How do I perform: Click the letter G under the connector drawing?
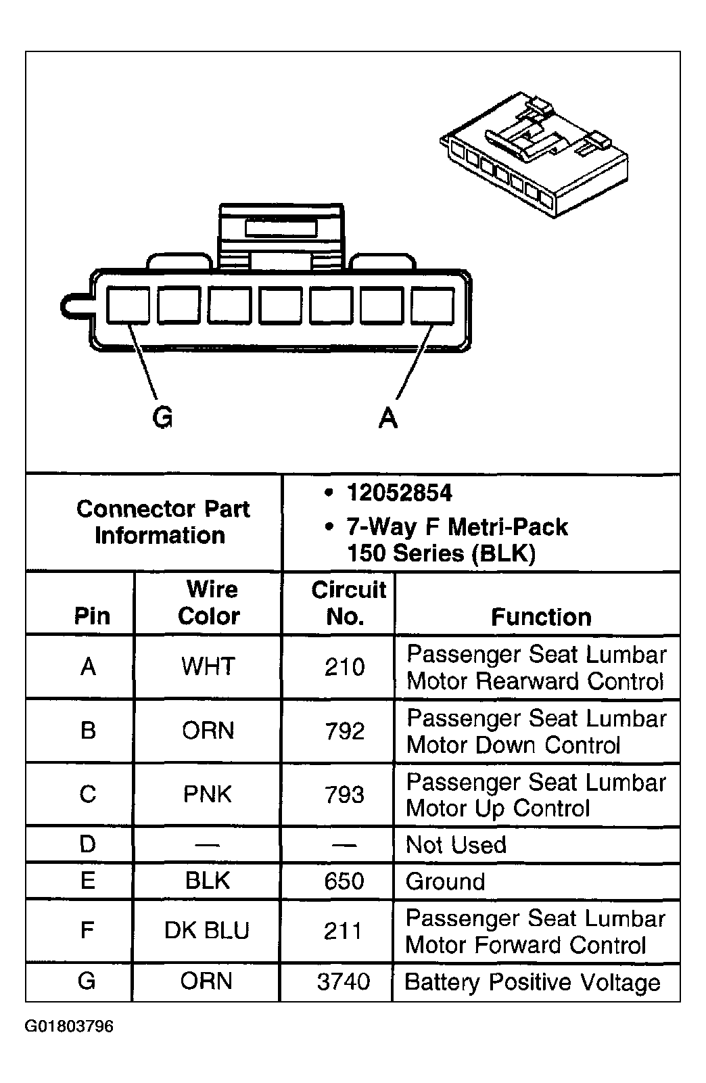click(163, 417)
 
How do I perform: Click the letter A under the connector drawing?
click(388, 417)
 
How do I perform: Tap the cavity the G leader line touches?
click(128, 306)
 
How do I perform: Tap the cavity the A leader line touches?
click(433, 306)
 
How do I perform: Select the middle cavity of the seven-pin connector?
click(281, 306)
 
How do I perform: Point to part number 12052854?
click(399, 493)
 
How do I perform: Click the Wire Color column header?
click(209, 603)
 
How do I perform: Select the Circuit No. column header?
click(347, 603)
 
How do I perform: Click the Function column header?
click(541, 617)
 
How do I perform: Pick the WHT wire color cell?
click(208, 666)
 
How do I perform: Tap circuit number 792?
click(345, 731)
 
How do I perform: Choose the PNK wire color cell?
click(208, 794)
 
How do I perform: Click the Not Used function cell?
click(456, 844)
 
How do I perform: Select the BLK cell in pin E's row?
click(208, 881)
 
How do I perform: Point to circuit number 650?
click(344, 881)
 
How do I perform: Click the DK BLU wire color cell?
click(207, 931)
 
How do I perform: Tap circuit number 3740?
click(344, 982)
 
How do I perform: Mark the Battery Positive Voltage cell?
click(532, 982)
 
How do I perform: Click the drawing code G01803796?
click(70, 1027)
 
